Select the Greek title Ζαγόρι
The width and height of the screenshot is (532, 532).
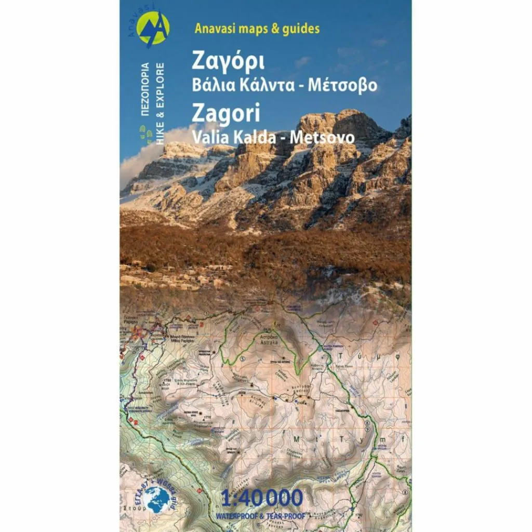(x=228, y=61)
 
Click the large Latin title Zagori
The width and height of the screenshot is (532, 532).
(x=226, y=113)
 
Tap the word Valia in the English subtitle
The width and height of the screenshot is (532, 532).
(x=207, y=138)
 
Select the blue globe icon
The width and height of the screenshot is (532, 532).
(x=157, y=499)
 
